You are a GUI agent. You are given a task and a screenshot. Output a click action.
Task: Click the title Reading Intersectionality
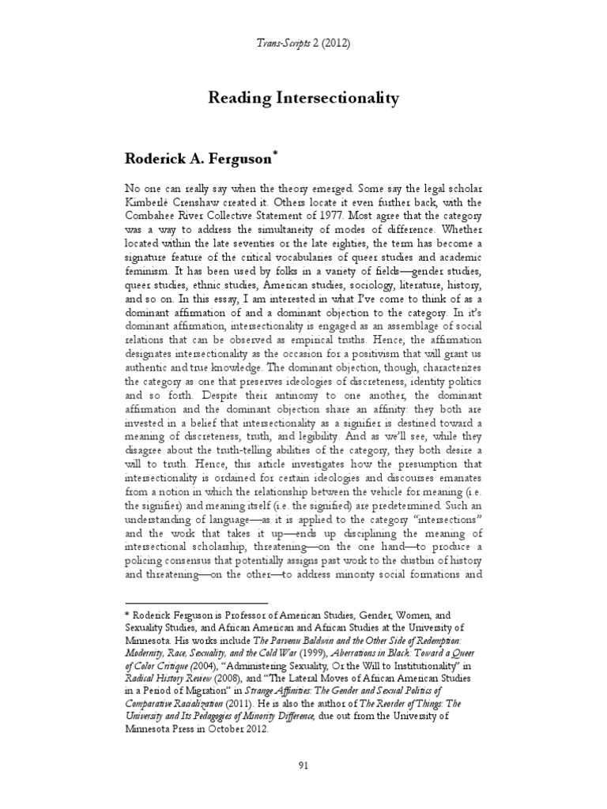(303, 99)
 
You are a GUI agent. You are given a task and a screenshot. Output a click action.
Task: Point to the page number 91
(303, 763)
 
